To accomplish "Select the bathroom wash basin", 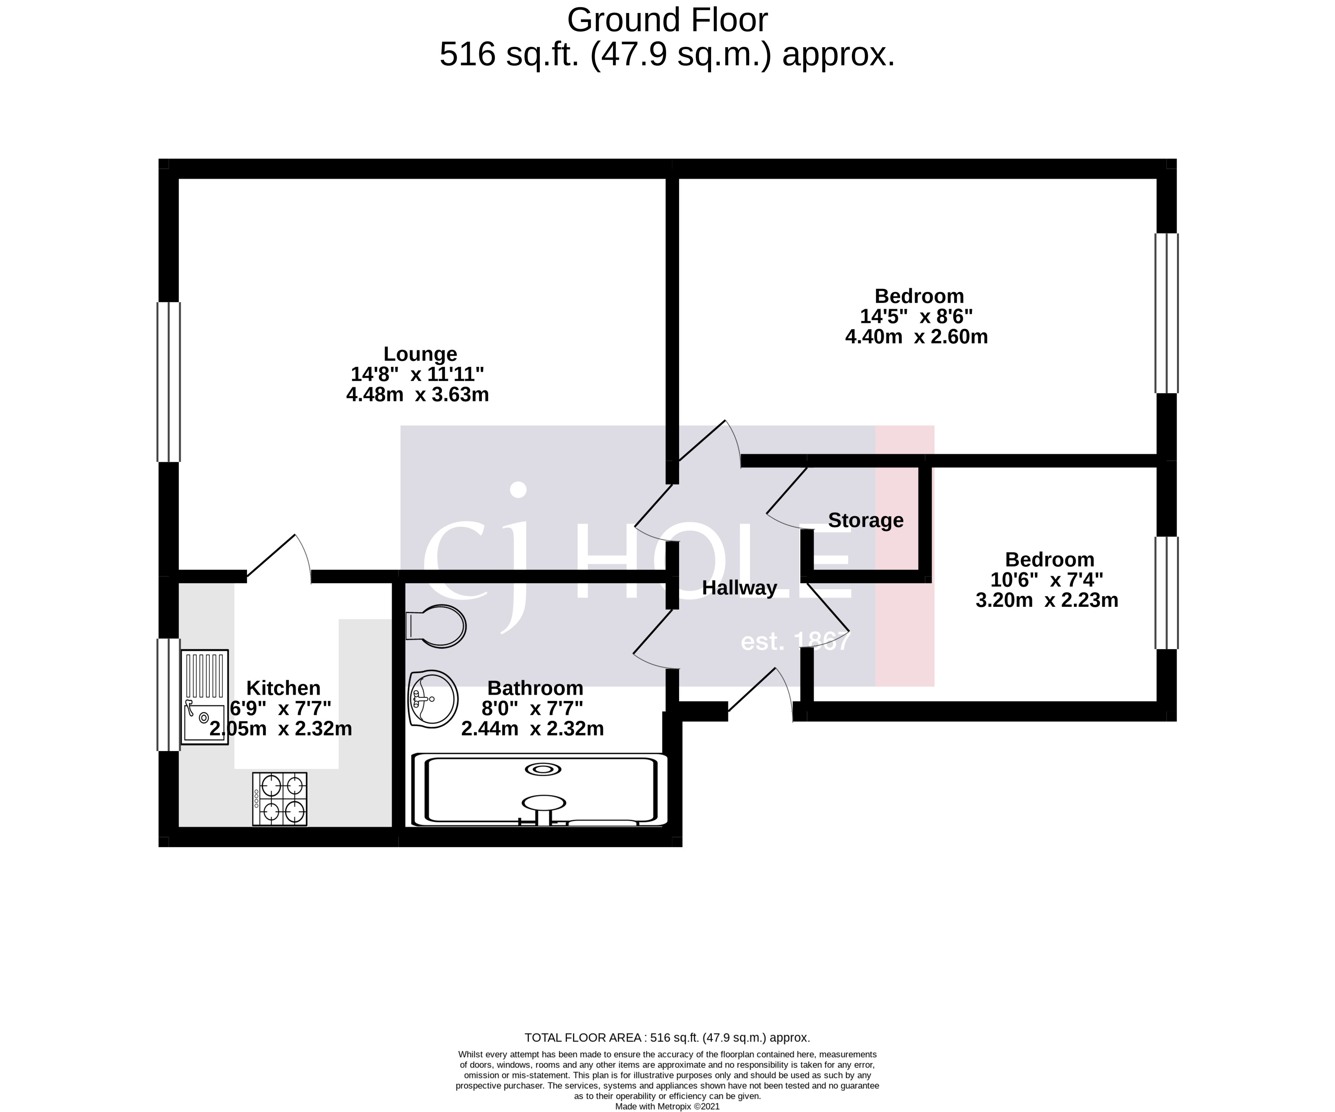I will coord(432,699).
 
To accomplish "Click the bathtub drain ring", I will coord(543,769).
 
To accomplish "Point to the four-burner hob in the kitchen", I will coord(280,799).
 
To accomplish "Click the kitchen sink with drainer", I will coord(204,696).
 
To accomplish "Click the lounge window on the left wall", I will coord(169,381).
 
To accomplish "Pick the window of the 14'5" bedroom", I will coord(1166,313).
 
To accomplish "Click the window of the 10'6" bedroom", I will coord(1166,593).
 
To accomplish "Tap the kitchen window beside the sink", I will coord(169,695).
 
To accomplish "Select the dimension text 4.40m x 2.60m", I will coord(916,336).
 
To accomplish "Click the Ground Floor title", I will coord(667,20).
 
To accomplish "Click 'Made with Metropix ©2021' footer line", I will coord(667,1106).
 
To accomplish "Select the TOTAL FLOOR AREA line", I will coord(667,1038).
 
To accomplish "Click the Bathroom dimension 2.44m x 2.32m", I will coord(532,729).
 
